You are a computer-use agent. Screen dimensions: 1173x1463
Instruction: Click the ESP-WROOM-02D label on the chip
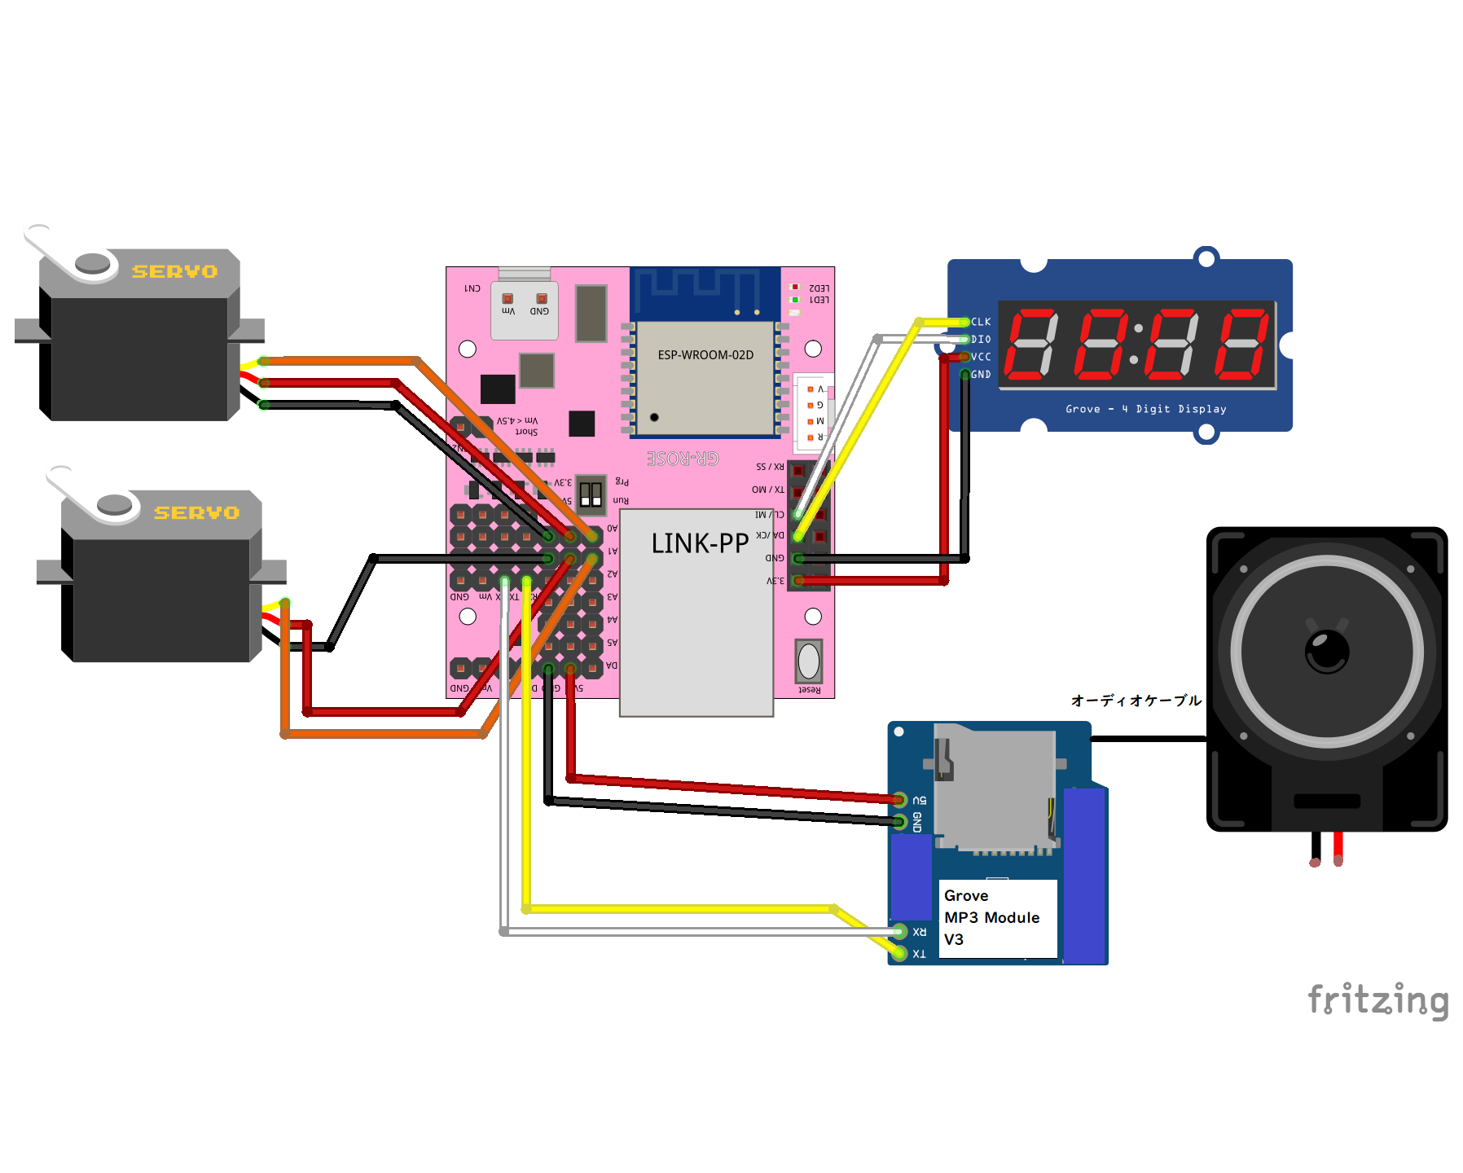coord(705,355)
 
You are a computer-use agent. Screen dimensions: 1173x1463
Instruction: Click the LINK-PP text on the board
coord(700,543)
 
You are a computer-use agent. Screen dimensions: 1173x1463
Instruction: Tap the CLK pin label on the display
coord(981,322)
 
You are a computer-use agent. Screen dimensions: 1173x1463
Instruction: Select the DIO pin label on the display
coord(981,340)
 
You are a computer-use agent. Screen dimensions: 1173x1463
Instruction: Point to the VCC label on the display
coord(981,357)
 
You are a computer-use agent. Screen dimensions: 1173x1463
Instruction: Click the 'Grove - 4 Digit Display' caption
coord(1145,409)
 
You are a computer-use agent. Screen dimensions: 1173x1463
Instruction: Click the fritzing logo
coord(1377,999)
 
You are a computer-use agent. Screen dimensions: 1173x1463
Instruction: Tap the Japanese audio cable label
coord(1136,701)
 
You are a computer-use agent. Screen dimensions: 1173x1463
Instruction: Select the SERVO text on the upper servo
coord(175,271)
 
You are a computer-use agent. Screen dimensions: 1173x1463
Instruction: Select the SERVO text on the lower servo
coord(196,512)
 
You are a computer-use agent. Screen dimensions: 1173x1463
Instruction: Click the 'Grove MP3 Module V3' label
coord(992,917)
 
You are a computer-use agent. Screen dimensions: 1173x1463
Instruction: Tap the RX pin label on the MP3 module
coord(920,932)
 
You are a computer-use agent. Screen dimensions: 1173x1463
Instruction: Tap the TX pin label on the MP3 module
coord(920,954)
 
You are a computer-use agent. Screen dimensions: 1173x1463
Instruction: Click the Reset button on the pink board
coord(809,661)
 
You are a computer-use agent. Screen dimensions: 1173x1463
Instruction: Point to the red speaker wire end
coord(1338,859)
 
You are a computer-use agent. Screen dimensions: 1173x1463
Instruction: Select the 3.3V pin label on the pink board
coord(775,581)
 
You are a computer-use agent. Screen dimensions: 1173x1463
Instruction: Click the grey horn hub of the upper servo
coord(92,263)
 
